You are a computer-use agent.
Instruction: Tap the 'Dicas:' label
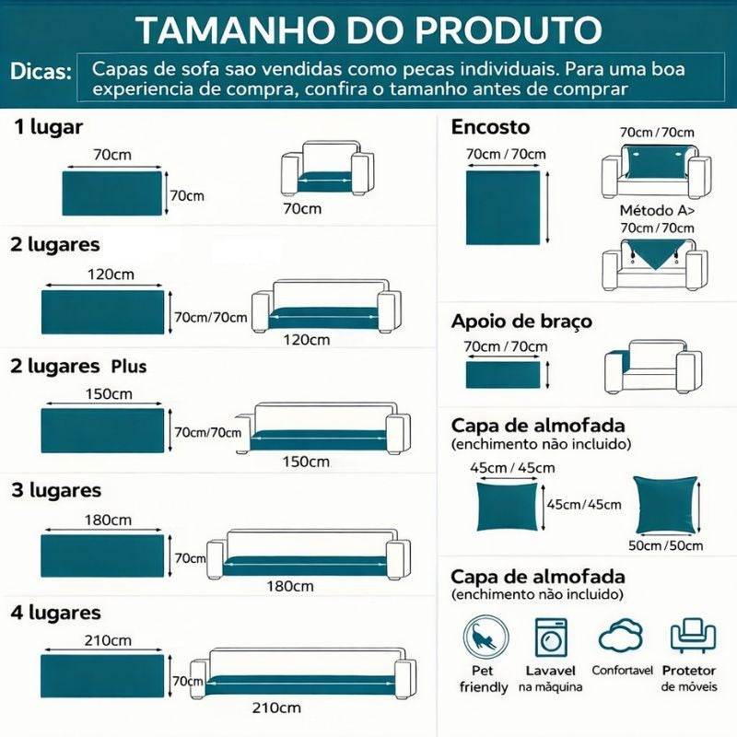[x=41, y=72]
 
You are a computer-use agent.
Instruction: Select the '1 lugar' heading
[x=49, y=127]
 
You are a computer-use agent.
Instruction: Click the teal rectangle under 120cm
[x=103, y=312]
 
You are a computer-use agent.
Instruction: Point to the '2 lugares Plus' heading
[x=78, y=366]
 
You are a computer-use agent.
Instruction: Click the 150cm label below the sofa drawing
[x=306, y=462]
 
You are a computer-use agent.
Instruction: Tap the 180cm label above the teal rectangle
[x=108, y=520]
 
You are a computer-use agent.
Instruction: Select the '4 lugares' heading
[x=55, y=613]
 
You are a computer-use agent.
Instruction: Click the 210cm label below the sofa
[x=276, y=708]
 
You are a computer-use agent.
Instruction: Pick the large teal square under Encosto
[x=503, y=208]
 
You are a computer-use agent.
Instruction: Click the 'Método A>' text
[x=657, y=210]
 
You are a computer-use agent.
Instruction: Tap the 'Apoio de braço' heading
[x=521, y=322]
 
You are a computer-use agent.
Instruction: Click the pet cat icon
[x=485, y=638]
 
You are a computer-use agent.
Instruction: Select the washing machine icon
[x=550, y=638]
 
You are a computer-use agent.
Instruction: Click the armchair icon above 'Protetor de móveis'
[x=694, y=636]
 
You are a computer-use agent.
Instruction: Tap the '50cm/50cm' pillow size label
[x=665, y=545]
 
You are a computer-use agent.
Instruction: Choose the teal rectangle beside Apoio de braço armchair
[x=503, y=375]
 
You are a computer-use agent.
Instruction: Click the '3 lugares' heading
[x=56, y=490]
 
